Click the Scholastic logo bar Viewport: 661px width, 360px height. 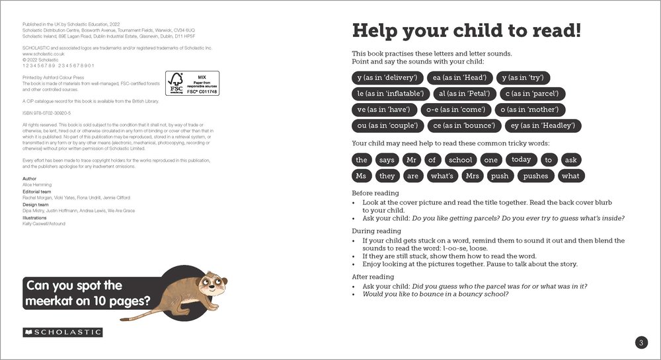62,332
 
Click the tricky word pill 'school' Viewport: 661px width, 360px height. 460,160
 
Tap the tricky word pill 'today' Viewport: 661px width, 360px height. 521,159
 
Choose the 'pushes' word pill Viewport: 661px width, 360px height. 535,176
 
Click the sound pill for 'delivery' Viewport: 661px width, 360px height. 386,77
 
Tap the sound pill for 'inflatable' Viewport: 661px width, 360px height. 387,94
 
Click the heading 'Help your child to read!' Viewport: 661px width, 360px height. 467,31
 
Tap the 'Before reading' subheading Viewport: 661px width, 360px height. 375,193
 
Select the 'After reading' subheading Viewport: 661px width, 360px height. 373,277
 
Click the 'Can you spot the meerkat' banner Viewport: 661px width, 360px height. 86,294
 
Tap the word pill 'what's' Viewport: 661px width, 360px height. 442,176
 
